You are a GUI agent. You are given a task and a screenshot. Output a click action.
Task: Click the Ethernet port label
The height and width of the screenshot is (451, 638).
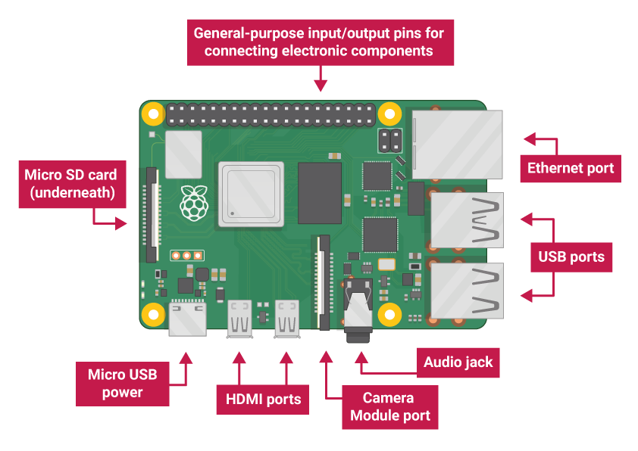tap(570, 168)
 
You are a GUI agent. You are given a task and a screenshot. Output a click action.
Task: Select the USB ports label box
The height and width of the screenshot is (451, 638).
tap(571, 257)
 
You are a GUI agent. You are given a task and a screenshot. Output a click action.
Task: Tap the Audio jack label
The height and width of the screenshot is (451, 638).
tap(458, 362)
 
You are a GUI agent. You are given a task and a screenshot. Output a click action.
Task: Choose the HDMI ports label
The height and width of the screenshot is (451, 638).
tap(263, 399)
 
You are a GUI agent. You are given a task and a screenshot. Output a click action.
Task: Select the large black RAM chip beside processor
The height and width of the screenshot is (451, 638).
tap(320, 192)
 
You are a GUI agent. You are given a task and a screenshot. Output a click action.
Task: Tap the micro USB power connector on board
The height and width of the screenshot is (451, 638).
tap(186, 319)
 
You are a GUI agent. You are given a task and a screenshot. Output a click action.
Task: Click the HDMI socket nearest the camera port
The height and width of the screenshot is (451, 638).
tap(288, 319)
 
